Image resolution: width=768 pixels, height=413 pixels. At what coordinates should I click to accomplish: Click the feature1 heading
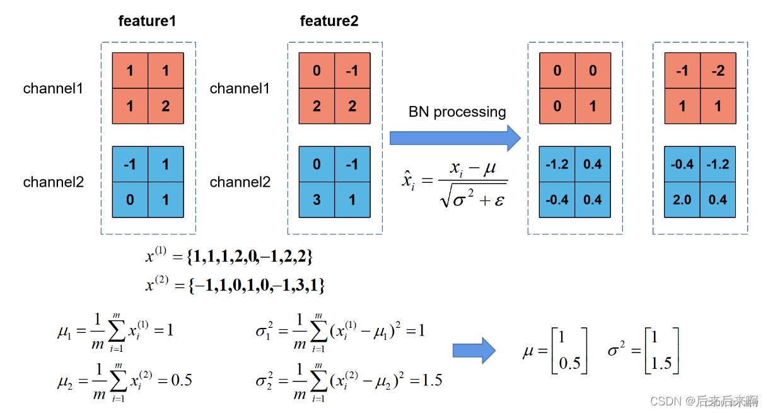147,21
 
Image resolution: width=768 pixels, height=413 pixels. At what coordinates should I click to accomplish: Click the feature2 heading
329,21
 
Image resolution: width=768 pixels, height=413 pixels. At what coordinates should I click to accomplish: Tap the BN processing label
457,112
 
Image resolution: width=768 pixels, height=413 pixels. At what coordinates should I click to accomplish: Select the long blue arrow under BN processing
455,138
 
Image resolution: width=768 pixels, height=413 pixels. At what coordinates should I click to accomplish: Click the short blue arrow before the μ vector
474,351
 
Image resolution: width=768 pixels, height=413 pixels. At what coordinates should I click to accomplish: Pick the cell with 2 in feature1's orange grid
166,107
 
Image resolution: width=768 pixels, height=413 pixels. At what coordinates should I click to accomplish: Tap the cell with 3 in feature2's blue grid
317,200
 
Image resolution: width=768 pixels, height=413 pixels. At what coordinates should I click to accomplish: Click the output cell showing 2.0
682,200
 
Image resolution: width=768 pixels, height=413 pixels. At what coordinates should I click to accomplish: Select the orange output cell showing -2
718,71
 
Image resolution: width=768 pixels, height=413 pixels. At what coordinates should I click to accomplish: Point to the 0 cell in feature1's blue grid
131,200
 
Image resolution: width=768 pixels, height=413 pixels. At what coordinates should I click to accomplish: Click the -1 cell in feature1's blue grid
131,164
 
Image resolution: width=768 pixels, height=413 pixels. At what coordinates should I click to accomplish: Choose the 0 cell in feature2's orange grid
317,71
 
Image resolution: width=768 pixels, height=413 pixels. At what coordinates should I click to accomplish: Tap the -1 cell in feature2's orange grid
352,71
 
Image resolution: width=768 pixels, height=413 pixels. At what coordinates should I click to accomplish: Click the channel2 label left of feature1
54,182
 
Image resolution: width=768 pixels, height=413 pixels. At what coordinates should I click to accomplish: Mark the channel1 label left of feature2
240,88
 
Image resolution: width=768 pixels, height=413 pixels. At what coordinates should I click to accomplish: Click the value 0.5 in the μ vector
569,363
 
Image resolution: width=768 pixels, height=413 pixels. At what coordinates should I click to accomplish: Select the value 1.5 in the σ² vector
661,363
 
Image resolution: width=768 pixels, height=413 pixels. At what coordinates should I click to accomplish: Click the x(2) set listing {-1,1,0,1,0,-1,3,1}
235,285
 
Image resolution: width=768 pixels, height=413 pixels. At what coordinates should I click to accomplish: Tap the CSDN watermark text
704,400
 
